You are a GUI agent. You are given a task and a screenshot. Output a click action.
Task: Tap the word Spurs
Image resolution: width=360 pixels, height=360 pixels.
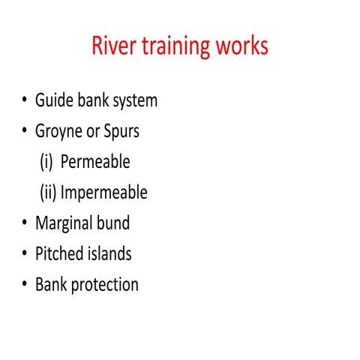coord(120,132)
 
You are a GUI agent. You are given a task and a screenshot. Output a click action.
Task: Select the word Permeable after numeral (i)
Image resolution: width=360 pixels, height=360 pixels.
coord(95,162)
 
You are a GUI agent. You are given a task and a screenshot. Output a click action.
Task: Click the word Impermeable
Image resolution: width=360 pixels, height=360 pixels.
coord(104,193)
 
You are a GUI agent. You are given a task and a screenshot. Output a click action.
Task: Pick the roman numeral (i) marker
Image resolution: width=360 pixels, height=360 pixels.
coord(46,162)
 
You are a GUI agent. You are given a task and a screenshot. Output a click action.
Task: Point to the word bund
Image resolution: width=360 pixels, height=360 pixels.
coord(116,223)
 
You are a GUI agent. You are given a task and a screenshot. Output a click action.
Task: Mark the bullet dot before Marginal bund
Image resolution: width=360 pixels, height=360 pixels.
coord(25,223)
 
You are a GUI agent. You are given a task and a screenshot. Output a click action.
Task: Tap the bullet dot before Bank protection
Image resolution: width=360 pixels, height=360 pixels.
coord(25,285)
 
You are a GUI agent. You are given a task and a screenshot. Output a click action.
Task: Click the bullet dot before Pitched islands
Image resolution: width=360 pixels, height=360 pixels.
coord(25,254)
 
